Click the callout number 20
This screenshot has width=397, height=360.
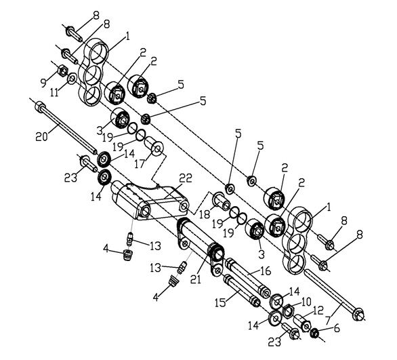coord(42,136)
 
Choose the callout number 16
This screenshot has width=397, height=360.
coord(266,271)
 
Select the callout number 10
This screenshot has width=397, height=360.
coord(306,300)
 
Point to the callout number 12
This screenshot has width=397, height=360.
coord(318,310)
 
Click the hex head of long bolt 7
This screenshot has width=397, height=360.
coord(360,314)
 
